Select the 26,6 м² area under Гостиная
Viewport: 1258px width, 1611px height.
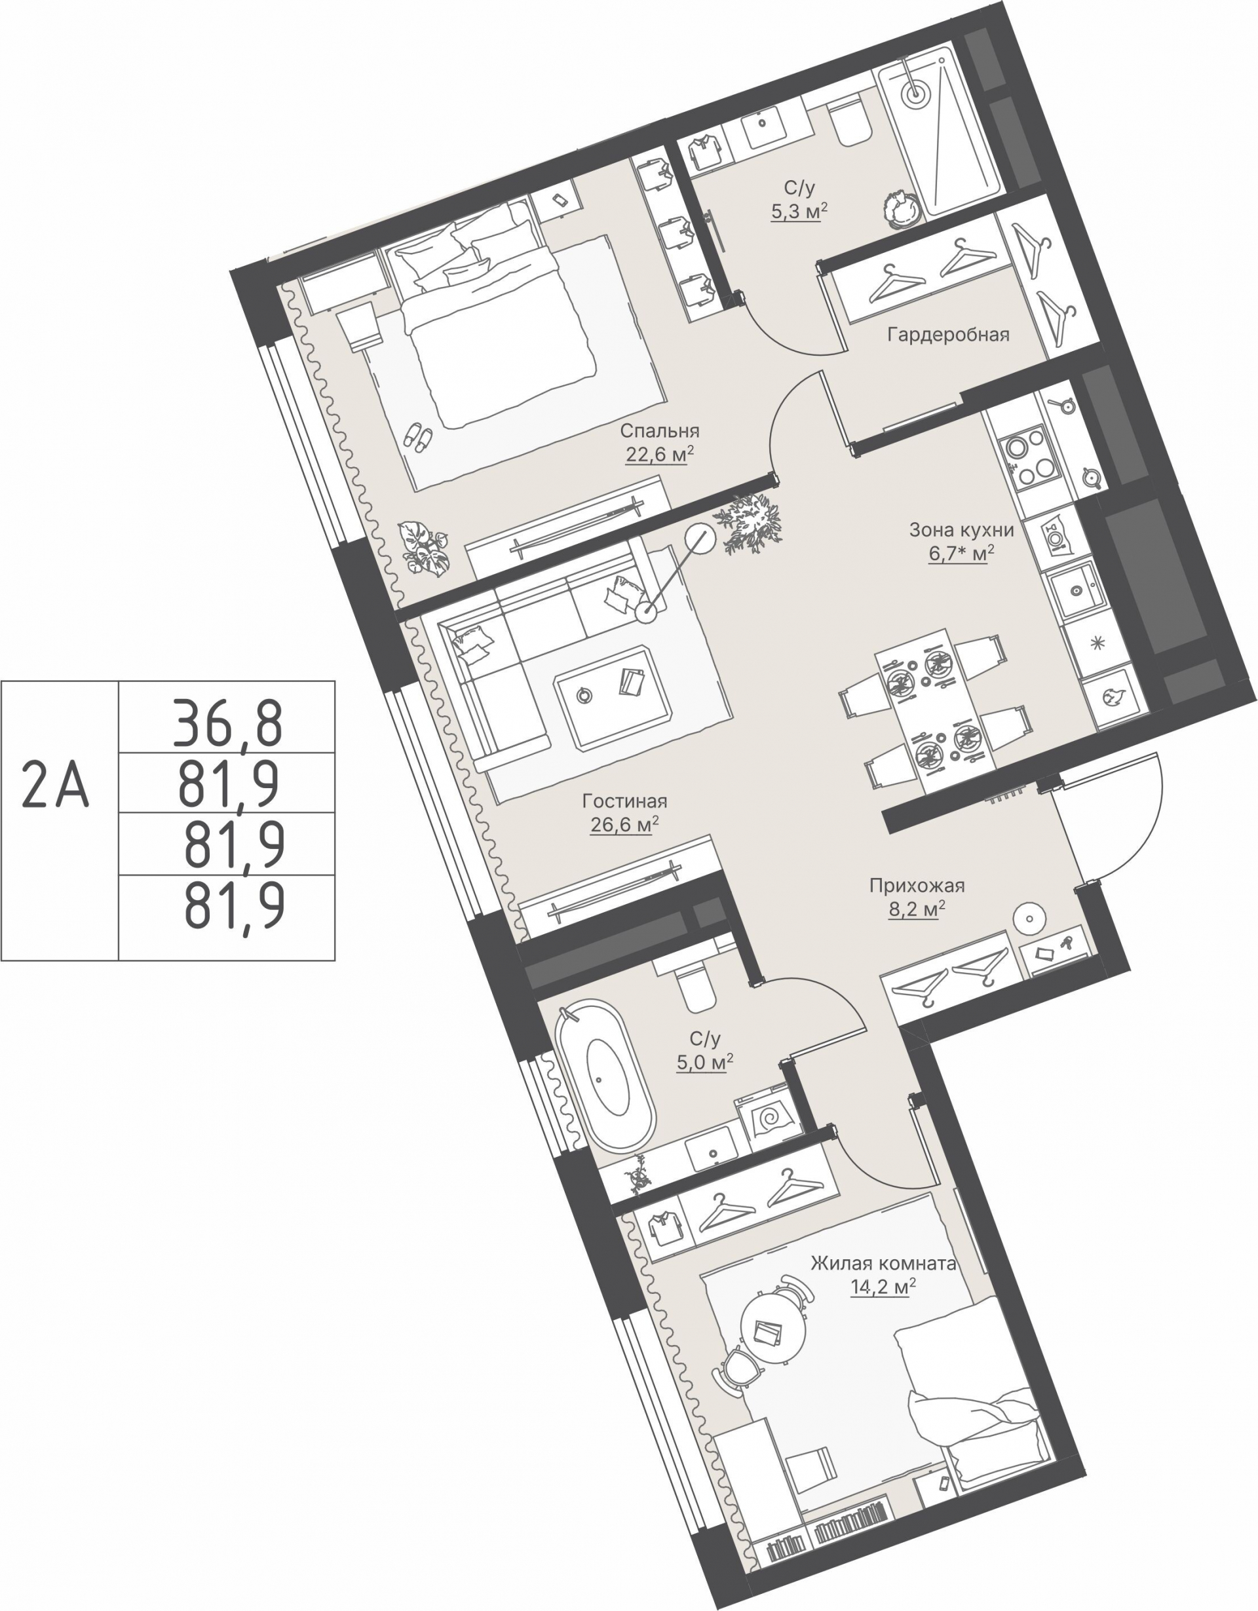click(624, 824)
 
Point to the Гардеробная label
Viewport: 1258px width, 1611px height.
click(948, 335)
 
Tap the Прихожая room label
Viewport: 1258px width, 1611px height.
click(917, 885)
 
